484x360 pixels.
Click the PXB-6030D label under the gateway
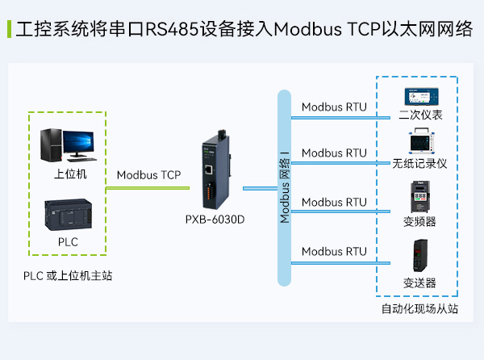tap(215, 220)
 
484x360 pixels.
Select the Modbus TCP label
tap(148, 174)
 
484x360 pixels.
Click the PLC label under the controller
tap(68, 241)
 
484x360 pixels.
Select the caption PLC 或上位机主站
tap(68, 276)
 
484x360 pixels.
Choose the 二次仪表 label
tap(420, 115)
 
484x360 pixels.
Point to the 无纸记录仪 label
tap(419, 163)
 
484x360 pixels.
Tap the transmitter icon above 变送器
tap(420, 257)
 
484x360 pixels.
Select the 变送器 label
tap(420, 283)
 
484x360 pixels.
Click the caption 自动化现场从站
tap(419, 308)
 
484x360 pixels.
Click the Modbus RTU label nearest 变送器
tap(334, 252)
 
